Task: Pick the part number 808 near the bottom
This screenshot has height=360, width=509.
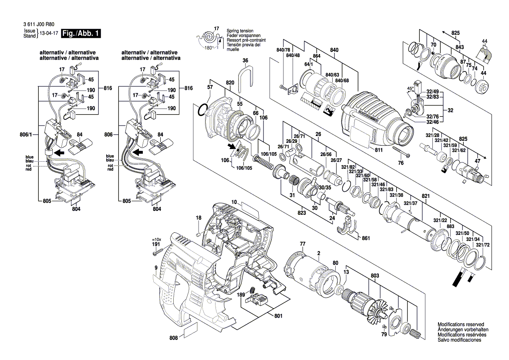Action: point(174,338)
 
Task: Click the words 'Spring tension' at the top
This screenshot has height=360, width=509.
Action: point(240,31)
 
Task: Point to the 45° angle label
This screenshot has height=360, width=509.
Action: point(411,89)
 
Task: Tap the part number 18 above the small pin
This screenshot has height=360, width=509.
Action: point(199,217)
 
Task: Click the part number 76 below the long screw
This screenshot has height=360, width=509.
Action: point(401,163)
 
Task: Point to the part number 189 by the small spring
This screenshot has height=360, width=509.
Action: point(241,295)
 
